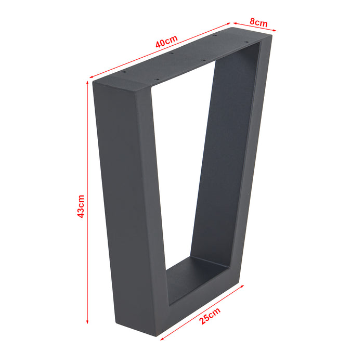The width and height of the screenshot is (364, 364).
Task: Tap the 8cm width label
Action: (x=258, y=23)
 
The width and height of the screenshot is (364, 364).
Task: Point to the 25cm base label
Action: (x=210, y=317)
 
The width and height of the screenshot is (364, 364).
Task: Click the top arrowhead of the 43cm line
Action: (x=87, y=83)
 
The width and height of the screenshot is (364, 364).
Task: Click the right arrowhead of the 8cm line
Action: (x=275, y=31)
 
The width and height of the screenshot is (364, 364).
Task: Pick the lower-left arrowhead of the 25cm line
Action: (x=161, y=340)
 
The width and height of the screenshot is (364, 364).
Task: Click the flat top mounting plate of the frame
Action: (x=182, y=57)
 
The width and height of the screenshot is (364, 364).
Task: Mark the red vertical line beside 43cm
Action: (x=87, y=156)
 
